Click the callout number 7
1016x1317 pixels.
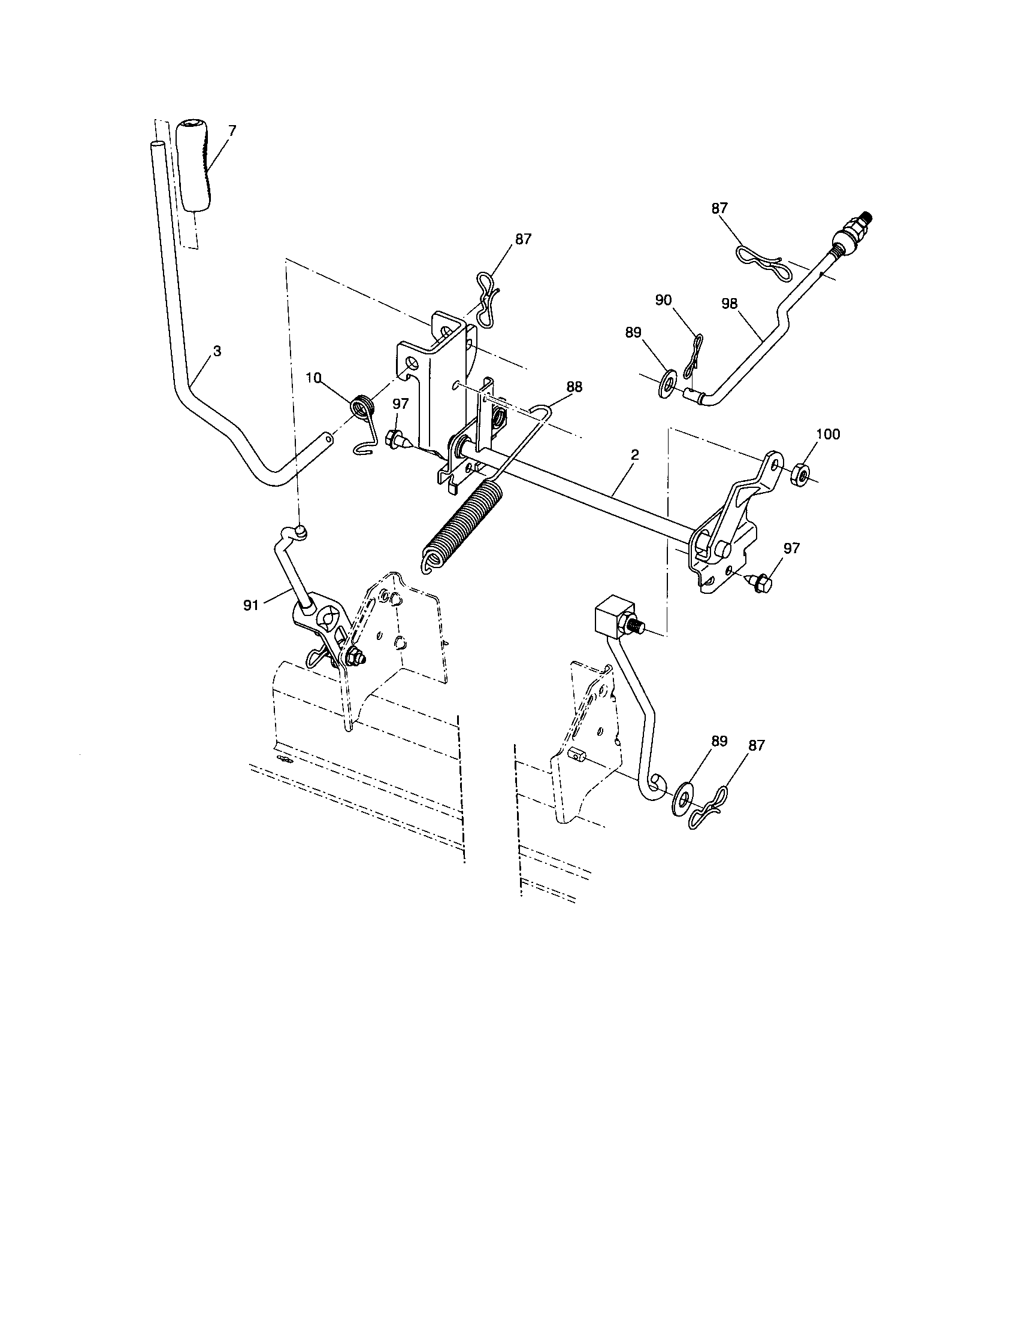(x=232, y=129)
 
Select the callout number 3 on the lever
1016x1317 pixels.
(x=217, y=350)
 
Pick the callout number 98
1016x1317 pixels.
(x=730, y=304)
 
